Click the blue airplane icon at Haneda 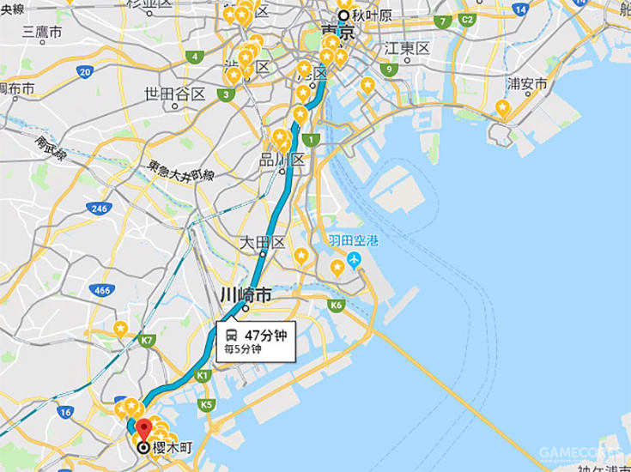tap(354, 259)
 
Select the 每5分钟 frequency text tap(243, 350)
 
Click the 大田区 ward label tap(262, 243)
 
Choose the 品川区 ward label tap(284, 160)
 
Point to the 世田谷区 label tap(175, 94)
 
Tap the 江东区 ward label tap(407, 48)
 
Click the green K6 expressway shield tap(336, 305)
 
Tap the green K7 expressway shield tap(148, 340)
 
